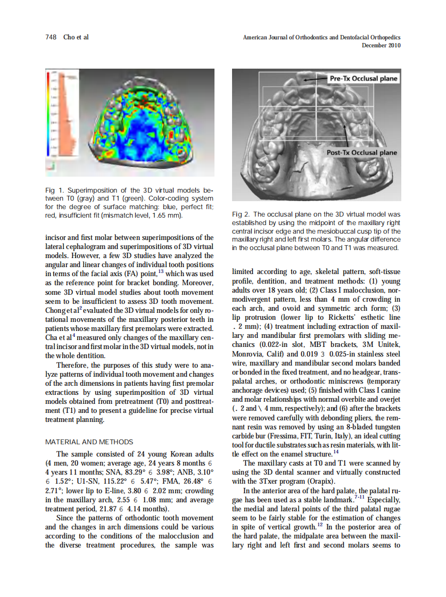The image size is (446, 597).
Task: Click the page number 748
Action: click(x=51, y=37)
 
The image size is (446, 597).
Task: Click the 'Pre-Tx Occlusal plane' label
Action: click(x=364, y=79)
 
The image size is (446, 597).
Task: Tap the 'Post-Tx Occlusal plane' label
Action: click(x=362, y=153)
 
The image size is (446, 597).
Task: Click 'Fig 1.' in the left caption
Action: click(x=54, y=190)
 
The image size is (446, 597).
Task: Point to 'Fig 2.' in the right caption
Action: click(x=241, y=214)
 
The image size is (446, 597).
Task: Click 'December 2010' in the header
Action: click(x=381, y=46)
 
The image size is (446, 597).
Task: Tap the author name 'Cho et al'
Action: click(x=76, y=37)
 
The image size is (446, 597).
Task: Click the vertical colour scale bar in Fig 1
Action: click(x=52, y=117)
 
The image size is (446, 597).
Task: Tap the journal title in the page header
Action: click(x=321, y=37)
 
